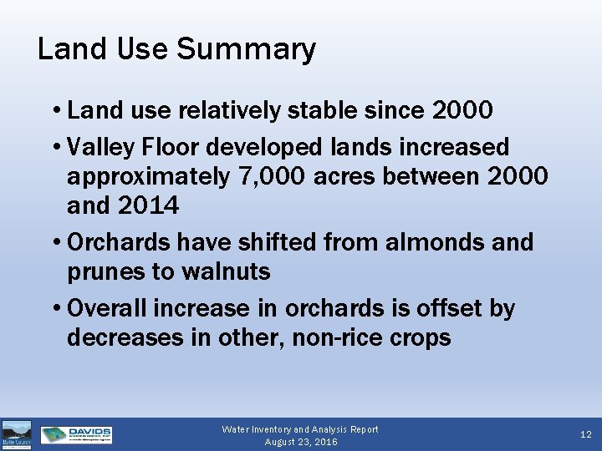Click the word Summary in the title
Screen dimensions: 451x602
(246, 50)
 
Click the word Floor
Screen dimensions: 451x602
(176, 148)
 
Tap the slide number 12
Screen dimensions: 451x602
(585, 435)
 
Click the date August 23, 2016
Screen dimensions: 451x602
(300, 442)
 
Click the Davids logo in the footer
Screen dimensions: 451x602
(76, 434)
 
